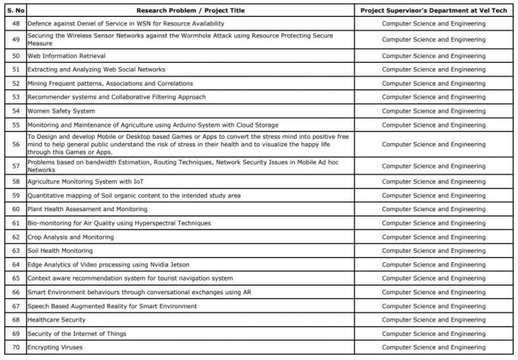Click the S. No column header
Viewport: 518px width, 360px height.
pyautogui.click(x=16, y=11)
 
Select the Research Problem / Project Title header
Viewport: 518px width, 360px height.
pyautogui.click(x=190, y=11)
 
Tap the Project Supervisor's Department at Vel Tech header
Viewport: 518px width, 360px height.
pyautogui.click(x=433, y=11)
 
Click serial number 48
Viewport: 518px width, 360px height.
pyautogui.click(x=16, y=24)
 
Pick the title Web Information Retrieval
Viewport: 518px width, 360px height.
pyautogui.click(x=66, y=56)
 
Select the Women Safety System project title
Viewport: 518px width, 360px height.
pyautogui.click(x=61, y=111)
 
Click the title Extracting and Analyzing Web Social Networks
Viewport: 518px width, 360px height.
pyautogui.click(x=96, y=69)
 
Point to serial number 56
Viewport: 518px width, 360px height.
pyautogui.click(x=16, y=144)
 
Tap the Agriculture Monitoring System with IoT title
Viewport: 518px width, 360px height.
pyautogui.click(x=86, y=182)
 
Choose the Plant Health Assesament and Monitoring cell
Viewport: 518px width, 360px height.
pyautogui.click(x=87, y=210)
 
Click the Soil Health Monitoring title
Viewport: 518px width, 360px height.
pyautogui.click(x=60, y=251)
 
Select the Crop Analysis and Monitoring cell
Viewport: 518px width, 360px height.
pyautogui.click(x=70, y=237)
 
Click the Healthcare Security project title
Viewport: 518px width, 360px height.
pyautogui.click(x=56, y=320)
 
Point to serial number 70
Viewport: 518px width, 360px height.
pyautogui.click(x=16, y=348)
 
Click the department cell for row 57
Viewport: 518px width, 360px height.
pyautogui.click(x=433, y=166)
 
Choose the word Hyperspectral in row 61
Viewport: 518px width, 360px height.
pyautogui.click(x=150, y=223)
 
